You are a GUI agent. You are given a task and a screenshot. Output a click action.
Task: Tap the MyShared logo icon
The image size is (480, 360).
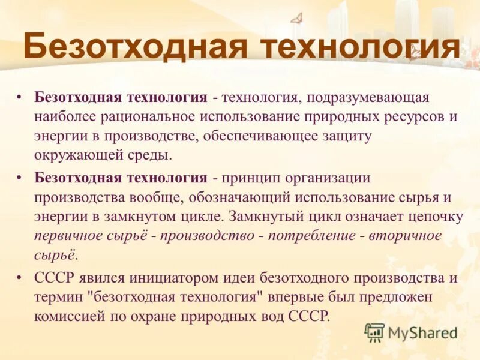[x=374, y=332]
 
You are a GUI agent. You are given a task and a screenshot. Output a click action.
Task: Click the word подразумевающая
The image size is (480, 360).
[x=369, y=97]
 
